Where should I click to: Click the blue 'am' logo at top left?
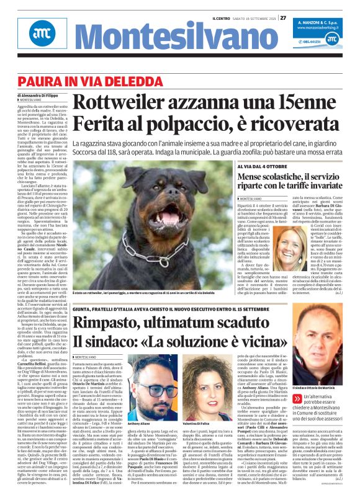click(25, 36)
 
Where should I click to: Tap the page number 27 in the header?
click(283, 17)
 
